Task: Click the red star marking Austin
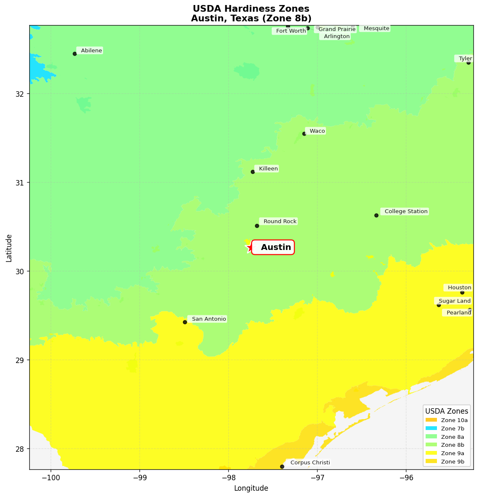click(x=250, y=247)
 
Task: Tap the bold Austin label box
click(x=273, y=247)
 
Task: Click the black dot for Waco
click(x=304, y=134)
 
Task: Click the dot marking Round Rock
click(x=257, y=226)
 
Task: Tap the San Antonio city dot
click(x=185, y=322)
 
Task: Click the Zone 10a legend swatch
click(x=431, y=420)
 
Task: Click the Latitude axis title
click(x=9, y=248)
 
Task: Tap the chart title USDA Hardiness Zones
click(x=251, y=9)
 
